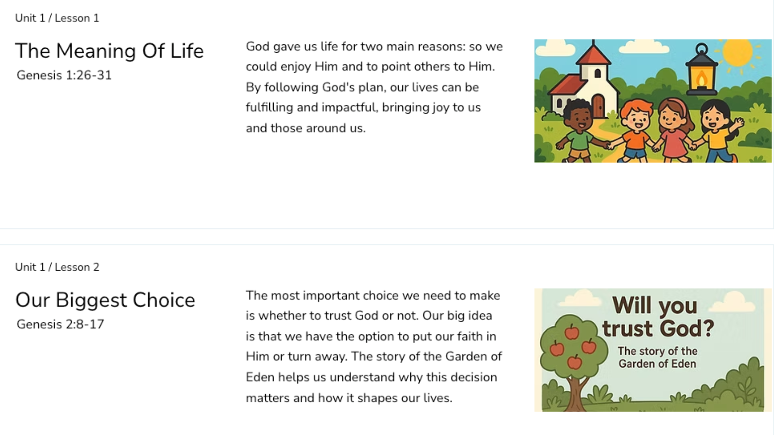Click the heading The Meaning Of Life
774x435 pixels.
(x=109, y=51)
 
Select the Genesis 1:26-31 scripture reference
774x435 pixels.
(x=64, y=75)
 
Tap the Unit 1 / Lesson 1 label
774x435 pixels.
(x=57, y=18)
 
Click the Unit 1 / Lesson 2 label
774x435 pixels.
(x=57, y=267)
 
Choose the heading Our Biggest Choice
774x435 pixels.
(x=105, y=300)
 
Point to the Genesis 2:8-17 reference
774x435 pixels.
(x=60, y=324)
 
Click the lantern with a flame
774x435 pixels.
(x=701, y=70)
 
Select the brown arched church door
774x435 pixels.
(x=598, y=106)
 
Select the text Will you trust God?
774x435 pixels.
(x=658, y=317)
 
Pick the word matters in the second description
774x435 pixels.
(x=268, y=398)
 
